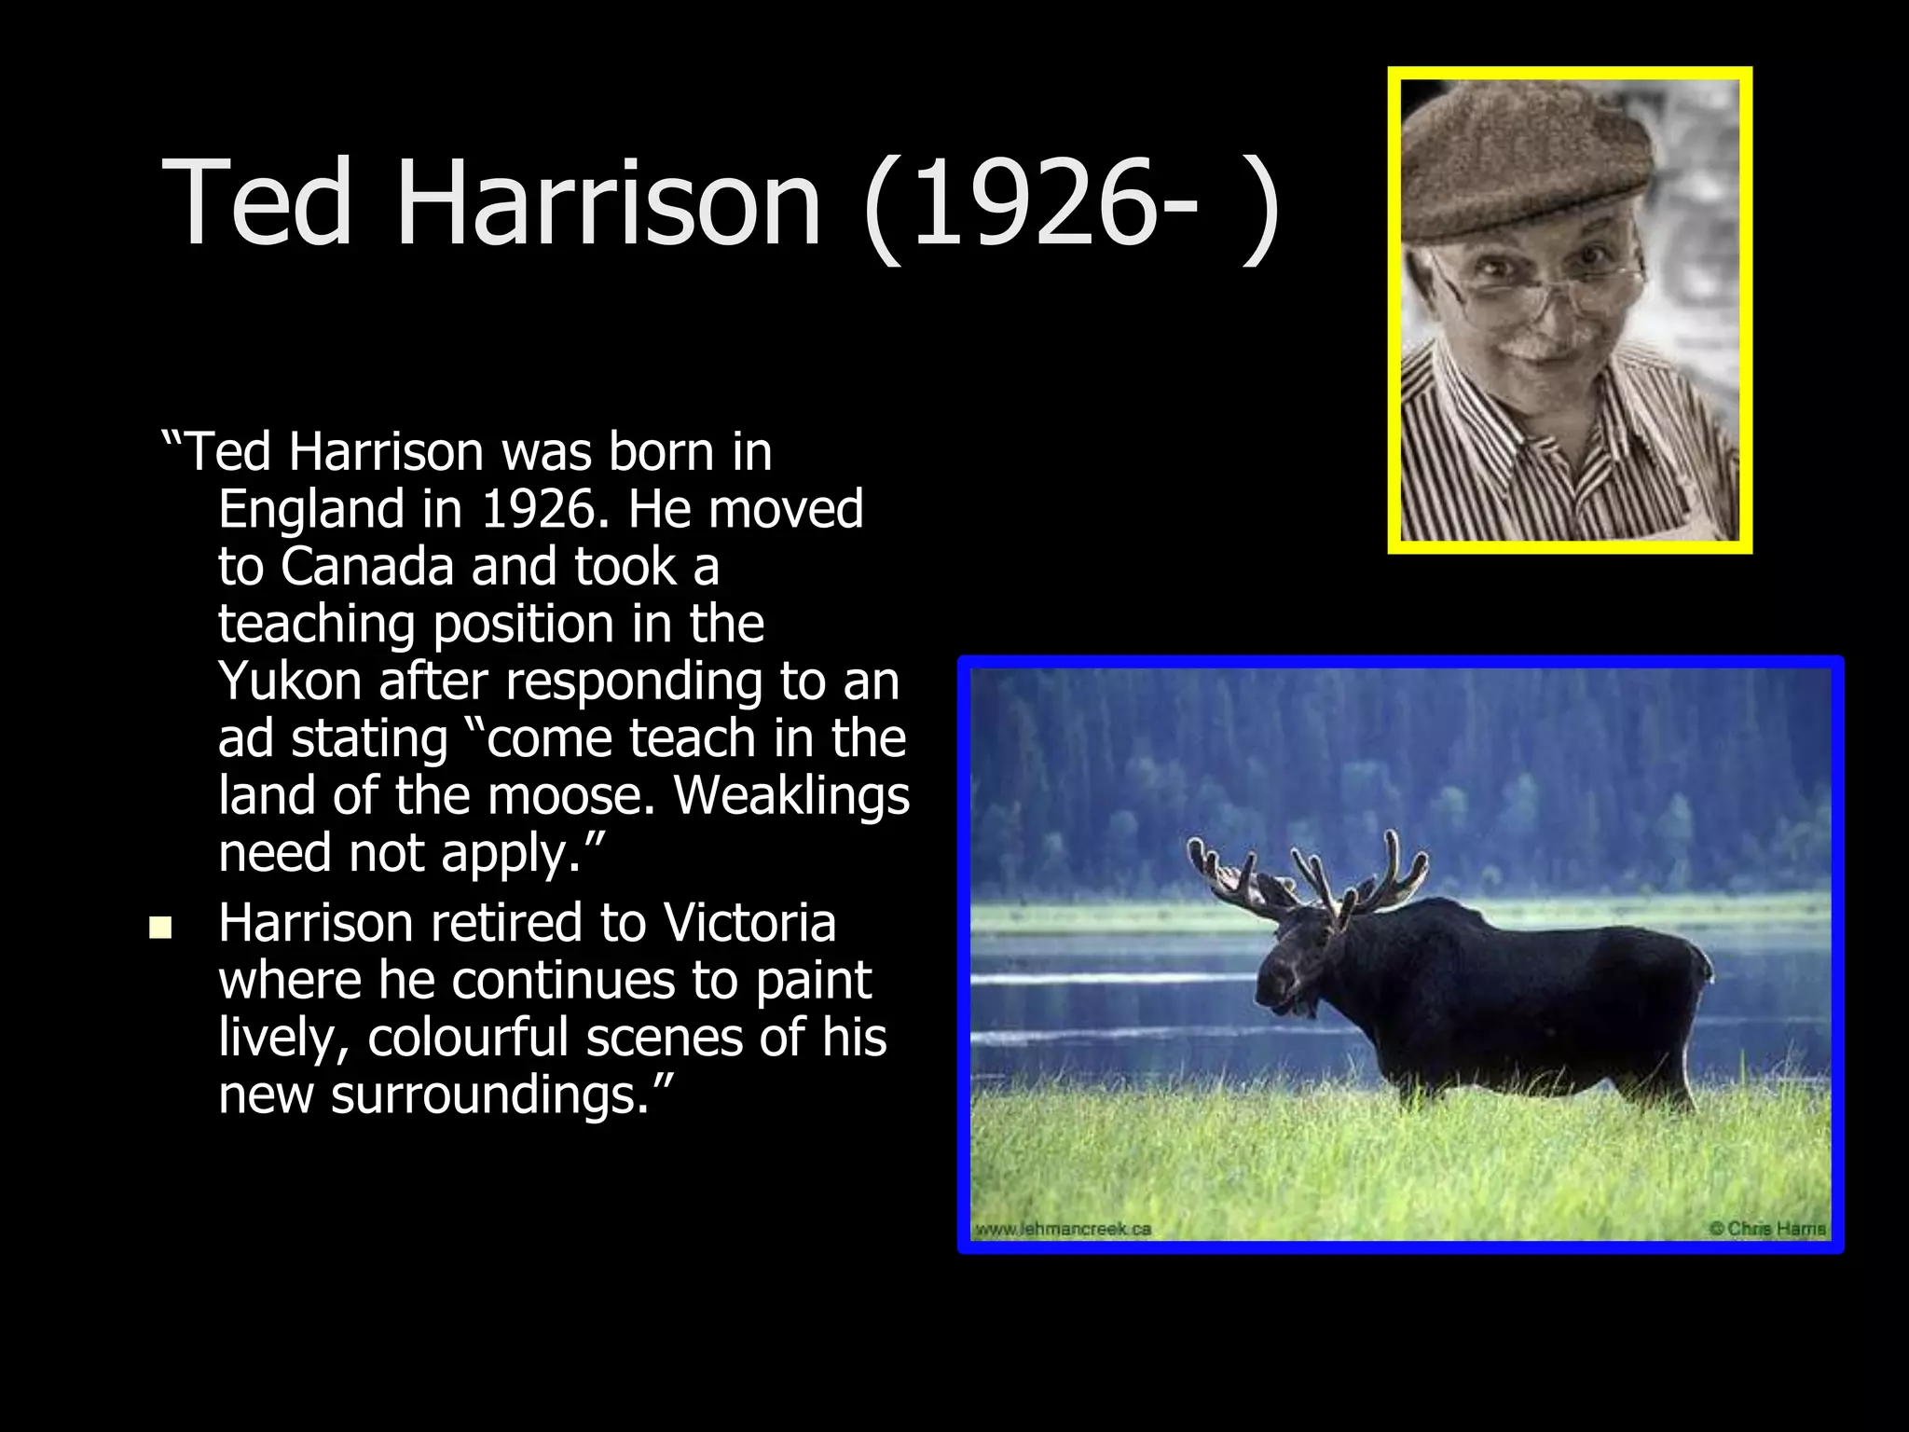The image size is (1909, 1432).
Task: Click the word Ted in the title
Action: (x=257, y=203)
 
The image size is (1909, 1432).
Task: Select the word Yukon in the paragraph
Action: (x=289, y=682)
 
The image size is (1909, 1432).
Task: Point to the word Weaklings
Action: (x=791, y=796)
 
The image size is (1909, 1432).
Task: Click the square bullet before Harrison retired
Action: (x=160, y=928)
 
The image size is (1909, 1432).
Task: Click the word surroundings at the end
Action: (x=490, y=1095)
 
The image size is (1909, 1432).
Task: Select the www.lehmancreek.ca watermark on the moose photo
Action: (x=1063, y=1229)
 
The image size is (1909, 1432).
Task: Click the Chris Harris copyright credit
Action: (x=1767, y=1229)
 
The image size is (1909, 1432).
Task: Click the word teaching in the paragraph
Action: (x=317, y=625)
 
